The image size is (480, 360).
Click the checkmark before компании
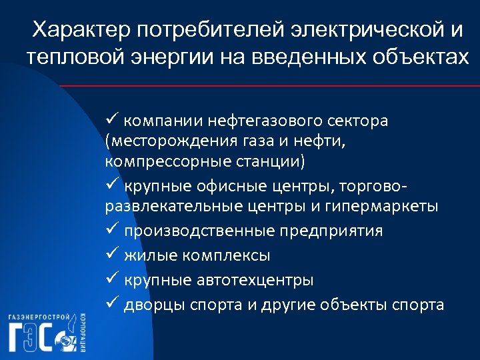click(111, 121)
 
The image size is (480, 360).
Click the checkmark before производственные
click(111, 230)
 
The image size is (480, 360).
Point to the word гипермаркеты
click(382, 206)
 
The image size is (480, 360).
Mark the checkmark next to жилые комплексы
click(111, 255)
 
